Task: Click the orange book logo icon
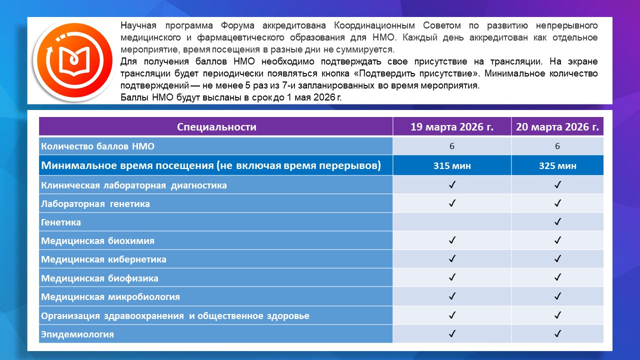(x=72, y=60)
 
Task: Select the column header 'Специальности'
(x=216, y=127)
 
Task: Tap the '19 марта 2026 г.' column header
(x=452, y=127)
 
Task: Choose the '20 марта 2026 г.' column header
(x=557, y=127)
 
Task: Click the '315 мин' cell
(x=452, y=166)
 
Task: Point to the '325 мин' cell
(x=557, y=166)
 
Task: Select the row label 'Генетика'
(x=61, y=222)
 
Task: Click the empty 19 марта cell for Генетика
(x=452, y=222)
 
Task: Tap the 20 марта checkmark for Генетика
(x=557, y=222)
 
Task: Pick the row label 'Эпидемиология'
(x=77, y=334)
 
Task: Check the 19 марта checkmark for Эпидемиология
(x=452, y=333)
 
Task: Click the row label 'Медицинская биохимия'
(x=97, y=241)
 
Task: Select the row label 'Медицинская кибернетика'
(x=103, y=259)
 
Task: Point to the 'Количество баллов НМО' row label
(x=97, y=146)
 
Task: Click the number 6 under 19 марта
(x=452, y=146)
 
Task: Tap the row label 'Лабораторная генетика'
(x=95, y=204)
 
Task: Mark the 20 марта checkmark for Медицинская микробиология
(x=557, y=296)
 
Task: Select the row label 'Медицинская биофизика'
(x=99, y=278)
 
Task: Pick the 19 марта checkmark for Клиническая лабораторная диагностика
(x=452, y=185)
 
